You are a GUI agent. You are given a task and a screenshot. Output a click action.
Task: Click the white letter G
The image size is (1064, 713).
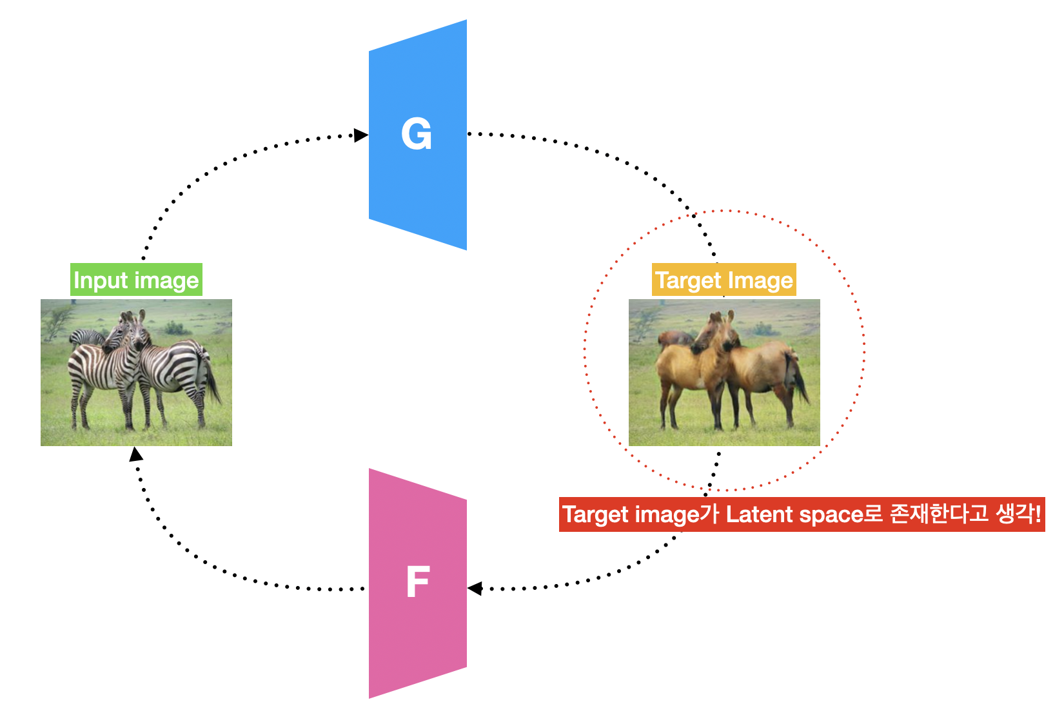point(416,134)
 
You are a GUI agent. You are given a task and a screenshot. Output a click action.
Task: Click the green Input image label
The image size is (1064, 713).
point(136,280)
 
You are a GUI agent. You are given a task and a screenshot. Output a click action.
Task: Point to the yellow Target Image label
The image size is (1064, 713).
point(724,280)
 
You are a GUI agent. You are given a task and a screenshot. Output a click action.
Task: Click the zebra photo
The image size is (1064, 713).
point(136,372)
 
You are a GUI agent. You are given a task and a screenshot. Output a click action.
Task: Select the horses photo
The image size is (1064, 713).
point(724,372)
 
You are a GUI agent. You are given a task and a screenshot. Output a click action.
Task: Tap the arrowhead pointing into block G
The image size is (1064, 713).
point(361,135)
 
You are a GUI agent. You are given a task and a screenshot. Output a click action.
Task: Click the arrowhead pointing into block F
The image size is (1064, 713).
point(475,588)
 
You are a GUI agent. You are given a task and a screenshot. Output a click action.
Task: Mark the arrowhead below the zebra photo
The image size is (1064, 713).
point(135,454)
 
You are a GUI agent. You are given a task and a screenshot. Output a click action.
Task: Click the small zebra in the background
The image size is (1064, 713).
point(86,337)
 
